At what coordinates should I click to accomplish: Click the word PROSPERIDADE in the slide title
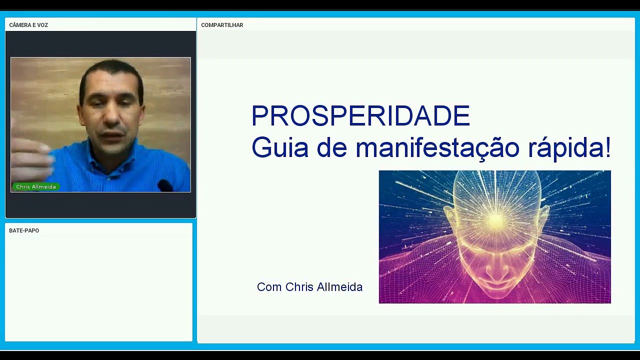point(360,115)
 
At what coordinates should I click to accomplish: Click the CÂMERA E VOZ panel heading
point(28,25)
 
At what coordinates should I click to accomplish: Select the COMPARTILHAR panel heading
point(222,25)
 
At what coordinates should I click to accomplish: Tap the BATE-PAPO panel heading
point(24,230)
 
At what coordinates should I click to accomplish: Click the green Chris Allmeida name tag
point(36,186)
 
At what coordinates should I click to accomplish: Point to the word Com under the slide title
point(269,287)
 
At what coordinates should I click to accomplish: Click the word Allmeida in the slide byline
point(339,287)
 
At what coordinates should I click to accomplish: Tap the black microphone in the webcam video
point(165,185)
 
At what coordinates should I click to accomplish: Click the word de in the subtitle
point(332,147)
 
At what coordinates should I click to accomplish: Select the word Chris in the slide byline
point(299,287)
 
